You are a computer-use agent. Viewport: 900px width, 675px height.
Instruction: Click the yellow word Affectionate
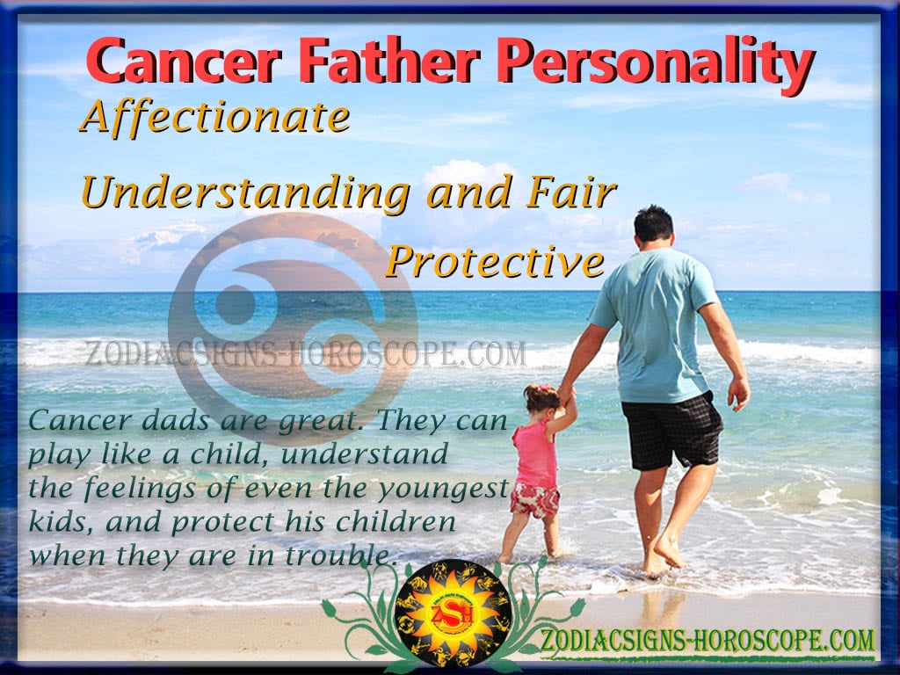pos(215,117)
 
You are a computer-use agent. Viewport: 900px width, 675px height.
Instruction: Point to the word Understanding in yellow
pos(246,193)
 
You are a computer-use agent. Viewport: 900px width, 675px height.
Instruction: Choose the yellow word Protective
pos(496,262)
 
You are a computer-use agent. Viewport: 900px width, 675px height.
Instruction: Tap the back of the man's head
pos(653,225)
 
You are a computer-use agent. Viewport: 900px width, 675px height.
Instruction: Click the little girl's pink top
pos(535,454)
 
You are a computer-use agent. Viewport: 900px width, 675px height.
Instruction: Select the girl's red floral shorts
pos(535,500)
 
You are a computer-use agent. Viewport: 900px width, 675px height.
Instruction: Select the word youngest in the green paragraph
pos(443,489)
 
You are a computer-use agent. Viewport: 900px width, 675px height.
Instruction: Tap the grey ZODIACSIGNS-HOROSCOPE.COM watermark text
pos(305,353)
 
